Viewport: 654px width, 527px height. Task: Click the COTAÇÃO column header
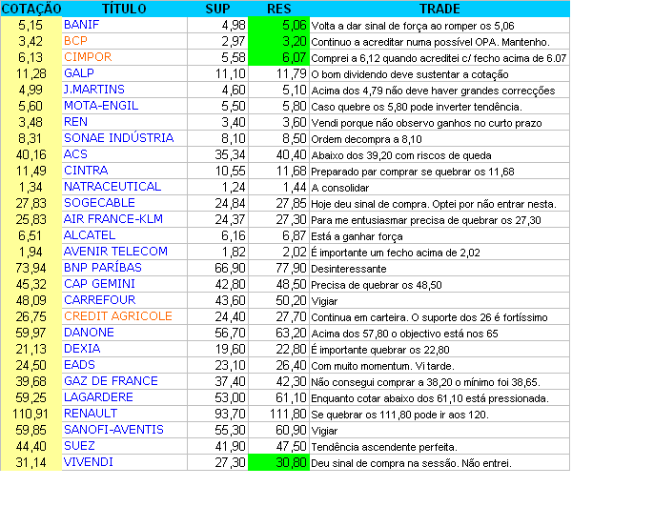[31, 9]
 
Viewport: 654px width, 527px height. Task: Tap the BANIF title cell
[81, 25]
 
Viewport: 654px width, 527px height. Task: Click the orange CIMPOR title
[88, 57]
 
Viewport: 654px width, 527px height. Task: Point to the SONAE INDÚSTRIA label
[118, 138]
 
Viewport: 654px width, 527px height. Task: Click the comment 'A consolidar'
[339, 187]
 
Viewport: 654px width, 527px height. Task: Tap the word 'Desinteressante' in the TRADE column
[349, 268]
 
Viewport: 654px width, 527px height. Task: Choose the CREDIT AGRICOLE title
[118, 316]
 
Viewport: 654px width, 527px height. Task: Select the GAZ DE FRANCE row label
[111, 381]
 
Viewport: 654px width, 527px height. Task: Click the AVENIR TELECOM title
[115, 252]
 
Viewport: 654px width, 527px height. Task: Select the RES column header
[277, 9]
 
